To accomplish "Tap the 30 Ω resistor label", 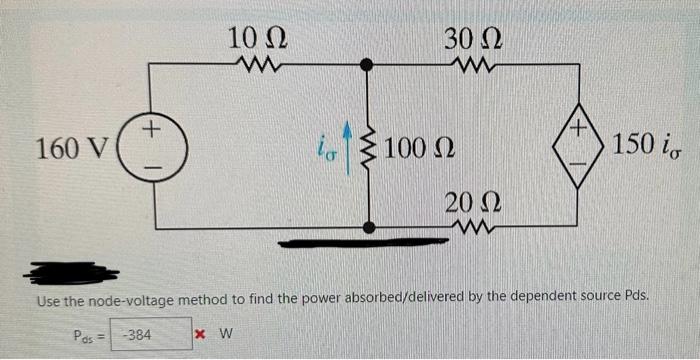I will coord(470,39).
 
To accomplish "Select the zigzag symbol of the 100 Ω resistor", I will coord(371,151).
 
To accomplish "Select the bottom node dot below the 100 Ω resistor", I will coord(370,228).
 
